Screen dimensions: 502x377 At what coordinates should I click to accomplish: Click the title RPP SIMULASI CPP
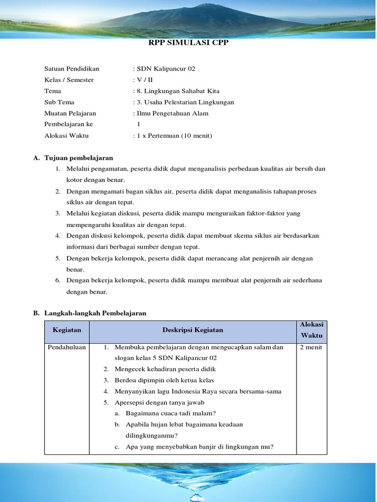click(188, 43)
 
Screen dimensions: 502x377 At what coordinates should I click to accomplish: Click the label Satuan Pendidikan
click(72, 69)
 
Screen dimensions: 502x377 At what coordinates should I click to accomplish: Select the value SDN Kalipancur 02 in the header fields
click(165, 69)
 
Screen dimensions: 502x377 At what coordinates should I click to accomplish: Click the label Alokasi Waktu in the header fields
click(66, 136)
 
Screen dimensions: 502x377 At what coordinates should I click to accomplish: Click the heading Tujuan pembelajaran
click(79, 158)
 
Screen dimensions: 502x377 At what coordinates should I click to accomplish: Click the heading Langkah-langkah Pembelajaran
click(95, 313)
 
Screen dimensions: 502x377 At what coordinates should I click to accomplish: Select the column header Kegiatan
click(67, 330)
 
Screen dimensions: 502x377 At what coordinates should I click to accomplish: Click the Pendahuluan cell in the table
click(67, 347)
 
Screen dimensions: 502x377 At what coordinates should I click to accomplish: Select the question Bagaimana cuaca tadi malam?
click(170, 413)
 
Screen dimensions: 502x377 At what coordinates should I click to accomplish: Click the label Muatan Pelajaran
click(70, 113)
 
